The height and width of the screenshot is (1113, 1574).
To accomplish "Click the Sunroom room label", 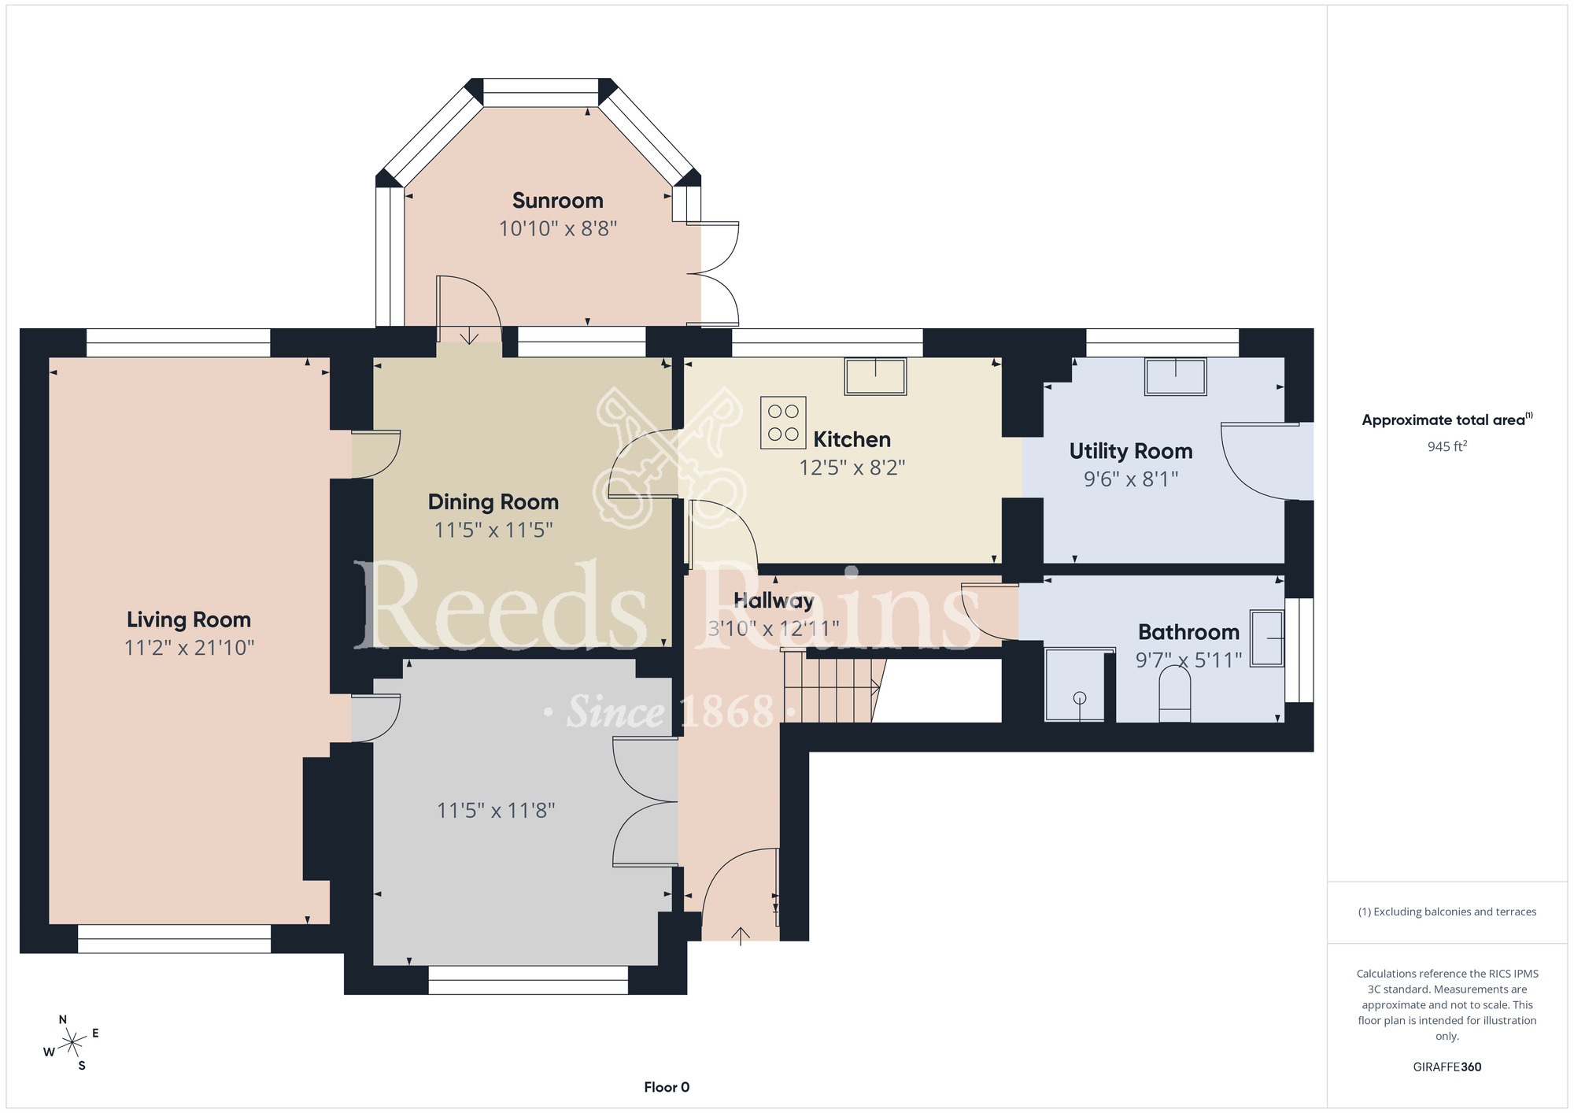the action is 557,201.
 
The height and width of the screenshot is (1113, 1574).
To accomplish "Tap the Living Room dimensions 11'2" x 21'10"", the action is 190,648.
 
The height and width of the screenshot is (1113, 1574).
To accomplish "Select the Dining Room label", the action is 493,502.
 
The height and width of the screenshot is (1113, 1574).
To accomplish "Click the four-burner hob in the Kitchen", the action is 783,423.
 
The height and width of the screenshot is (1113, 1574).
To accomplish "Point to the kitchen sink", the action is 875,376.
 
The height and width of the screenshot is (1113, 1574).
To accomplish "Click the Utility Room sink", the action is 1175,376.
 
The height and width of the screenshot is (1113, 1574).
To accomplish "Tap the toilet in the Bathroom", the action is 1175,693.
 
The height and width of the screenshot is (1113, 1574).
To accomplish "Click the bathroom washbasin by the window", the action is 1267,638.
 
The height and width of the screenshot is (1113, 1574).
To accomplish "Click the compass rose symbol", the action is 72,1043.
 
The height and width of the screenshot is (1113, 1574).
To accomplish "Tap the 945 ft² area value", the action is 1447,446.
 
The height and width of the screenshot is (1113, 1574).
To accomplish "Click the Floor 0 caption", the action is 667,1087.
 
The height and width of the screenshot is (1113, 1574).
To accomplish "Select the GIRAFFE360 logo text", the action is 1447,1067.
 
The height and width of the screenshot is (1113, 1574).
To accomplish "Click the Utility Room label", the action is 1131,451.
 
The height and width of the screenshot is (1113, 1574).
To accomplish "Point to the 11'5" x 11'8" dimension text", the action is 496,811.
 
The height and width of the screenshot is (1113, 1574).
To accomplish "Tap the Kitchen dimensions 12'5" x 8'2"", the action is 852,468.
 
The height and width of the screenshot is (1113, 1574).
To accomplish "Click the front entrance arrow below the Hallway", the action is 741,935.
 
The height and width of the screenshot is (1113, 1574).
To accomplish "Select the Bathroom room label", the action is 1188,632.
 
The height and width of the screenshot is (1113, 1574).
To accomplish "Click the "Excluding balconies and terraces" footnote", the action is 1447,911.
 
